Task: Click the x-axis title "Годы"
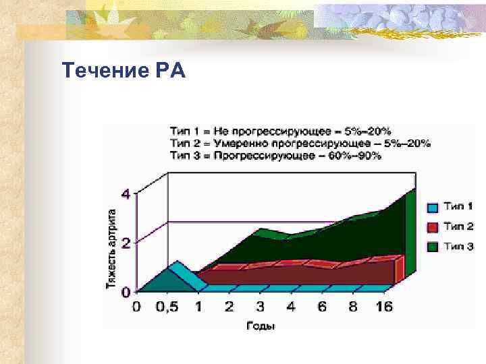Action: pyautogui.click(x=260, y=326)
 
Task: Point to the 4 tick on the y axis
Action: pyautogui.click(x=126, y=194)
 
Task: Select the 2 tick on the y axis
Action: pyautogui.click(x=126, y=242)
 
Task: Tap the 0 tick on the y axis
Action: pyautogui.click(x=126, y=293)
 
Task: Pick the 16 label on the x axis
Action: pyautogui.click(x=383, y=307)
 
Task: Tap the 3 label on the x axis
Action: pyautogui.click(x=260, y=307)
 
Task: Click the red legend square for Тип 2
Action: pyautogui.click(x=433, y=226)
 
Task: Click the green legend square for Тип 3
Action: pyautogui.click(x=433, y=247)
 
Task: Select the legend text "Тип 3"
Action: pyautogui.click(x=459, y=247)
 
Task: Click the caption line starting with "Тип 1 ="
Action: pyautogui.click(x=280, y=131)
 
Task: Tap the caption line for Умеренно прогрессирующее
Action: pyautogui.click(x=300, y=143)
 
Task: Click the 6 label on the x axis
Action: pyautogui.click(x=321, y=307)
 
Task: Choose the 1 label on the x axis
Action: pyautogui.click(x=198, y=307)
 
